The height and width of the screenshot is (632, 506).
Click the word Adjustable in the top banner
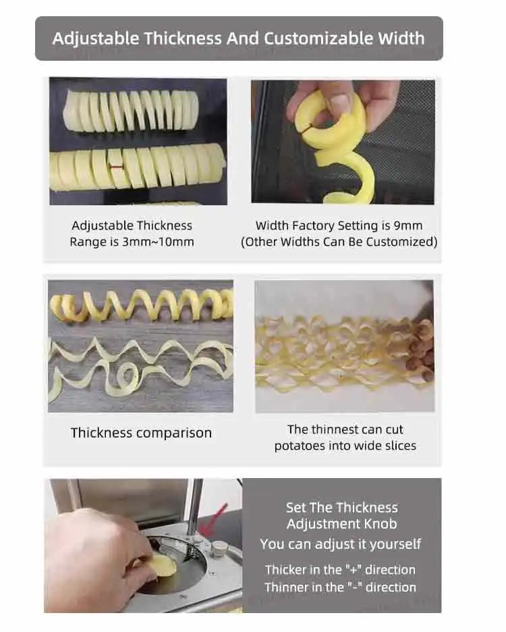pos(96,39)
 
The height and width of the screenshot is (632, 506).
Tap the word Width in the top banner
pos(401,38)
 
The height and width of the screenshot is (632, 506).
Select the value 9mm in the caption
pos(407,226)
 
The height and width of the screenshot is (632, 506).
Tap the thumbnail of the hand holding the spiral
pos(343,142)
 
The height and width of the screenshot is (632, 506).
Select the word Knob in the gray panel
pos(381,523)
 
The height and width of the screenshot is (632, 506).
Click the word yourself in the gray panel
pos(395,544)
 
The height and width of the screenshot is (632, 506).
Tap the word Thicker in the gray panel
pos(286,569)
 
